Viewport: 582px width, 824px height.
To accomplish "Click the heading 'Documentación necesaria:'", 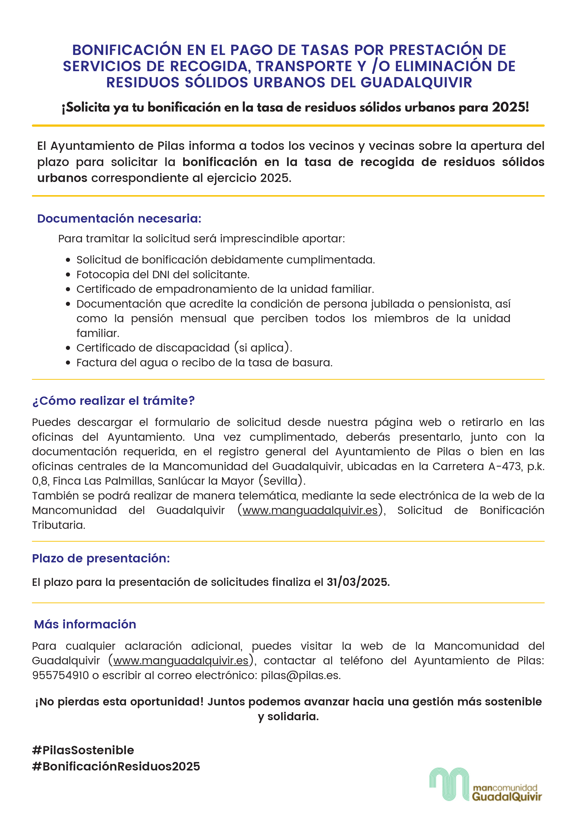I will (x=119, y=219).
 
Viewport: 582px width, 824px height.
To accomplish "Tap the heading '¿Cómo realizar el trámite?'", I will (x=113, y=401).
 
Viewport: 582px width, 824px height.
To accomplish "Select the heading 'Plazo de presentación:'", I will (x=101, y=558).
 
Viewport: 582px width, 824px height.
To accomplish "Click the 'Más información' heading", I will (x=85, y=624).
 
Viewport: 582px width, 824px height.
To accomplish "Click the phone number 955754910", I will (x=60, y=675).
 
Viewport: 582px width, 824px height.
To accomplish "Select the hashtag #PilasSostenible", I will (x=83, y=750).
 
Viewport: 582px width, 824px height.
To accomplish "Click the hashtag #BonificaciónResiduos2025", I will (x=116, y=766).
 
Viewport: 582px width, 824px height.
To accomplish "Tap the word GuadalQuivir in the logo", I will (x=506, y=797).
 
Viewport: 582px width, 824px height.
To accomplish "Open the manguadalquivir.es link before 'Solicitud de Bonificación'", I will (x=310, y=510).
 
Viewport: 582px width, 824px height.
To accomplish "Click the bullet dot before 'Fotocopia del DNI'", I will (x=68, y=275).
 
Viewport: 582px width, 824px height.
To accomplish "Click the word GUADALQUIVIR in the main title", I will (x=416, y=83).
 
